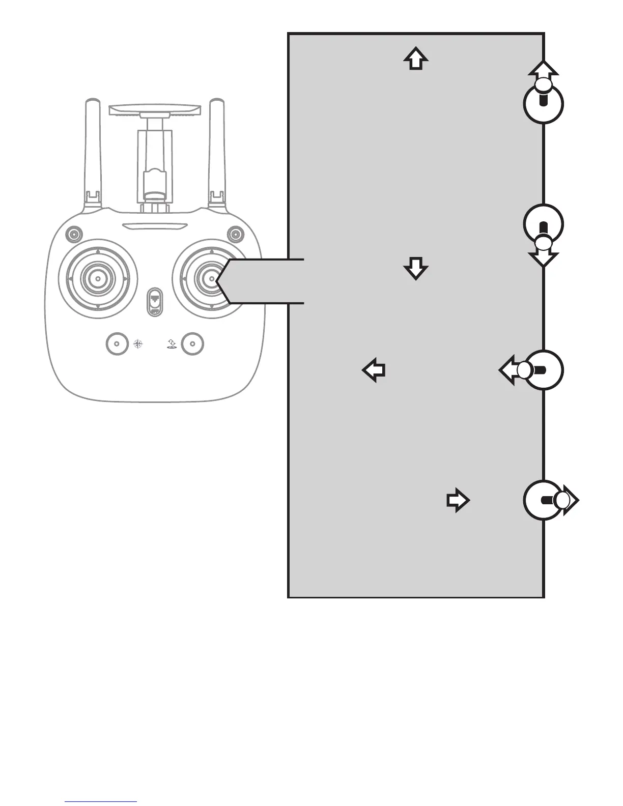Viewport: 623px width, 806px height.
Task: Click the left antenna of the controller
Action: (x=93, y=153)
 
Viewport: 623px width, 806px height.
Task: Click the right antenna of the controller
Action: (x=217, y=153)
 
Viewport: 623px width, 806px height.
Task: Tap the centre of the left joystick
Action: (x=97, y=278)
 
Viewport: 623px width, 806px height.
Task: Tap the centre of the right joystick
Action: (x=211, y=278)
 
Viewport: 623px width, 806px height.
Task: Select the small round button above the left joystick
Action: (x=74, y=235)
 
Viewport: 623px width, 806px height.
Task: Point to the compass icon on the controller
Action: (x=137, y=344)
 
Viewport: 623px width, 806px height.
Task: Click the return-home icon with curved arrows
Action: (x=172, y=344)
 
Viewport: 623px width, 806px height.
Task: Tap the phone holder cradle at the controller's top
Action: (x=155, y=109)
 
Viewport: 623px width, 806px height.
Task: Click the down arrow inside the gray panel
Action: (x=416, y=268)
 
